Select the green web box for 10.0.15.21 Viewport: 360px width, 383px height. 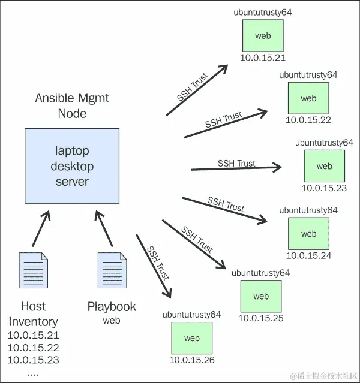(x=263, y=36)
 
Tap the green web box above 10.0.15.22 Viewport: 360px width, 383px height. (x=308, y=98)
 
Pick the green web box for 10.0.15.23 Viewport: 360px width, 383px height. (x=324, y=166)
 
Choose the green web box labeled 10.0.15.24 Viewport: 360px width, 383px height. (x=308, y=234)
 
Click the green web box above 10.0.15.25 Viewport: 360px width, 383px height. (x=261, y=296)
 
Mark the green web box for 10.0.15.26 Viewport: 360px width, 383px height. (x=192, y=338)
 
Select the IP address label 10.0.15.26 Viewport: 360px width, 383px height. (x=192, y=360)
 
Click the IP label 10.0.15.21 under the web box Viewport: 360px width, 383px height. (x=263, y=58)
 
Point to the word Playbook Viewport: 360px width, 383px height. (x=112, y=307)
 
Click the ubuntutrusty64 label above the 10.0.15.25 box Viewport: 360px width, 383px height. (x=261, y=273)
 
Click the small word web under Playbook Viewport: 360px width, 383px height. (x=112, y=321)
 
